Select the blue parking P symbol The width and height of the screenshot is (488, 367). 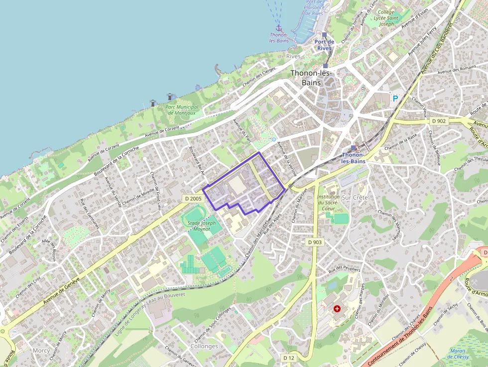(395, 99)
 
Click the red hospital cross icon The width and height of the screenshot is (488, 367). (337, 309)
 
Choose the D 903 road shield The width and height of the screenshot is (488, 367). (315, 242)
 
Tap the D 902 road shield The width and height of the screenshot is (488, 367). (439, 121)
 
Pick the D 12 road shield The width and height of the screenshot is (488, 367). (289, 358)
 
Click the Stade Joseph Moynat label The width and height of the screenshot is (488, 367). (202, 226)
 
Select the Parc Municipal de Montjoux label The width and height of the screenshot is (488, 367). (182, 110)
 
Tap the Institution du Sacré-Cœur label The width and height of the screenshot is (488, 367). (328, 203)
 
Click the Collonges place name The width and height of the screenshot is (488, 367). (204, 346)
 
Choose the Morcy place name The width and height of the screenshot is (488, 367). (41, 351)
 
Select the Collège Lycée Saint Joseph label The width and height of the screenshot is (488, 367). (386, 18)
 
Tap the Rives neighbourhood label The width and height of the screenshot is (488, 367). (293, 56)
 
